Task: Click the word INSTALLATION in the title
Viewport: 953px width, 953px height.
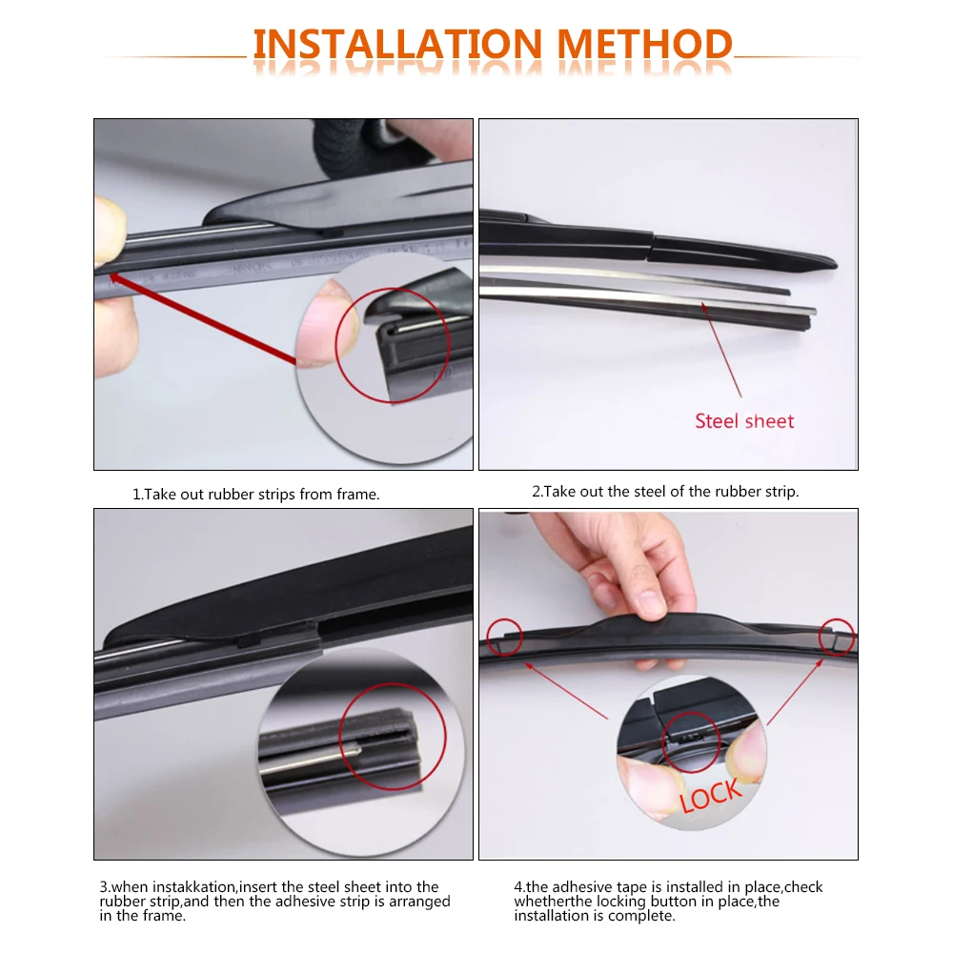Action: [x=397, y=44]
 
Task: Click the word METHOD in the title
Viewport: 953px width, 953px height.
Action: [x=644, y=44]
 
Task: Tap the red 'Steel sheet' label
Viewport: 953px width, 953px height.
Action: [x=744, y=420]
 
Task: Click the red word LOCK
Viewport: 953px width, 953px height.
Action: [x=711, y=795]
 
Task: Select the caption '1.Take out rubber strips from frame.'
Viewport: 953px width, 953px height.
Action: [x=255, y=494]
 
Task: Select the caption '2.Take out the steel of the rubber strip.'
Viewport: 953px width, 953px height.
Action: [x=665, y=491]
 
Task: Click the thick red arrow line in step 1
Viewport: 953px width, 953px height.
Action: [x=202, y=318]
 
